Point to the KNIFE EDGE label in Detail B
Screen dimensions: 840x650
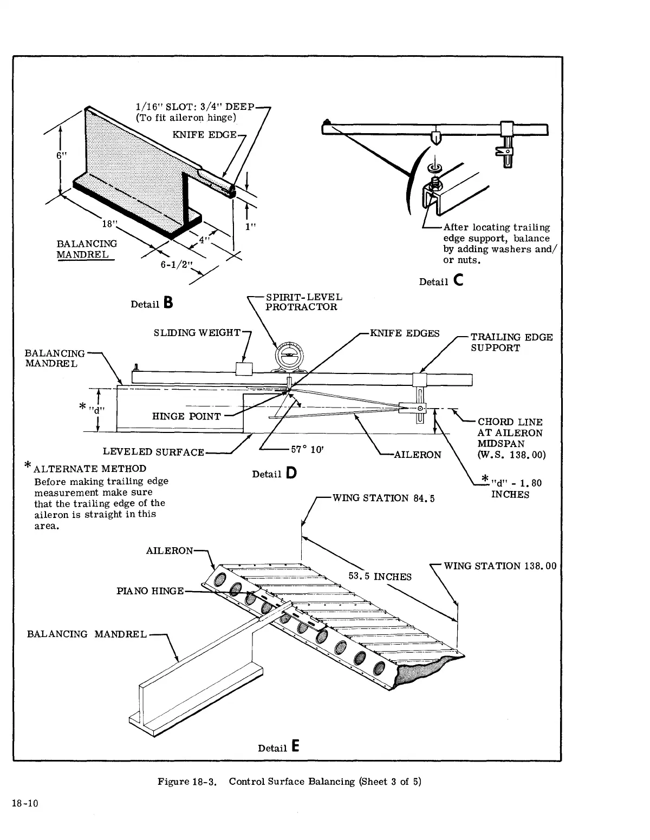[x=205, y=134]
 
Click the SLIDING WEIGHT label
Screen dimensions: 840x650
[x=196, y=332]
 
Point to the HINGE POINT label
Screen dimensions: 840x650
[x=186, y=416]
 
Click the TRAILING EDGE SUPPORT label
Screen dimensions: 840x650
[x=511, y=343]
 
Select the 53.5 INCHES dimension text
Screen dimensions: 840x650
[x=380, y=576]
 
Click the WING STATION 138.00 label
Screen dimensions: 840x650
[x=500, y=566]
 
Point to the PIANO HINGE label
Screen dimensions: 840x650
[x=150, y=590]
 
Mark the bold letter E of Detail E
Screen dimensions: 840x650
[x=295, y=747]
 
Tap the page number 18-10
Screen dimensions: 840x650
[x=24, y=803]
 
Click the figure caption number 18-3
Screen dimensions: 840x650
[x=205, y=782]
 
